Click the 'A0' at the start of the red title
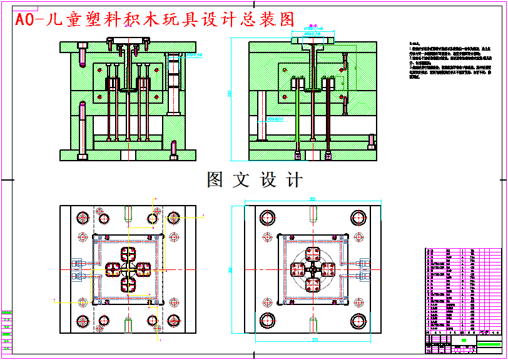point(24,20)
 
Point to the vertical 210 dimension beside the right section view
point(230,94)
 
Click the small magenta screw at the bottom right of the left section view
point(173,147)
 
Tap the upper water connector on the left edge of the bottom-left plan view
point(77,262)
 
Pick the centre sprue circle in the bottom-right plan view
point(313,270)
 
